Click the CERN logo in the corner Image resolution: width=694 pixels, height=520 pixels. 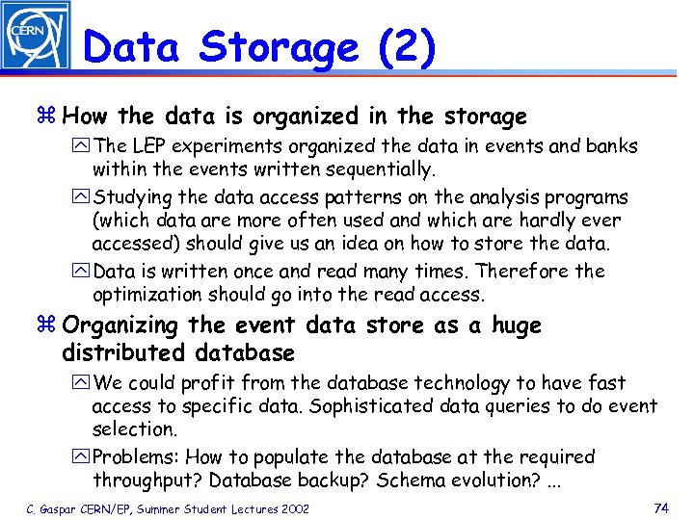(x=35, y=35)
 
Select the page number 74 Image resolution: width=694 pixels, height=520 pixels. (x=661, y=507)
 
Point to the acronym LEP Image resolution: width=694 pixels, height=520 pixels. (x=152, y=146)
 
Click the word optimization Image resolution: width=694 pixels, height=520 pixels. (x=149, y=295)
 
